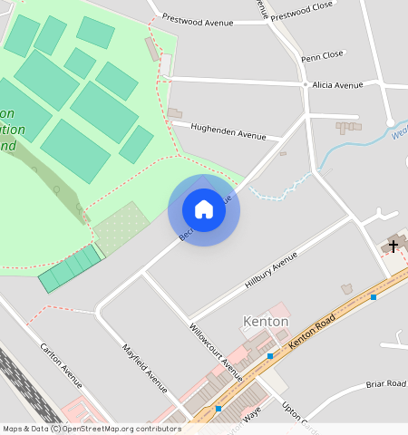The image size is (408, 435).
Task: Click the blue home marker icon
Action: (x=204, y=209)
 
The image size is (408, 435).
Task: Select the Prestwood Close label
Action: (x=303, y=14)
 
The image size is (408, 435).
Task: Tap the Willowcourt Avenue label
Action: (x=216, y=350)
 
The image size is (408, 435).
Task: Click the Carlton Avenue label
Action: (x=61, y=368)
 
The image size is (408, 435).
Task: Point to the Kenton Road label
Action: (x=312, y=333)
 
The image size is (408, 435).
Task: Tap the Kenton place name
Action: (x=267, y=322)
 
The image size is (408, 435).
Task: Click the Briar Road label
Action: (x=385, y=383)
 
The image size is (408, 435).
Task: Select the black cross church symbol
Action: (x=393, y=245)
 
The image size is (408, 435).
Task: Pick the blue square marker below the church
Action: (x=373, y=297)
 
